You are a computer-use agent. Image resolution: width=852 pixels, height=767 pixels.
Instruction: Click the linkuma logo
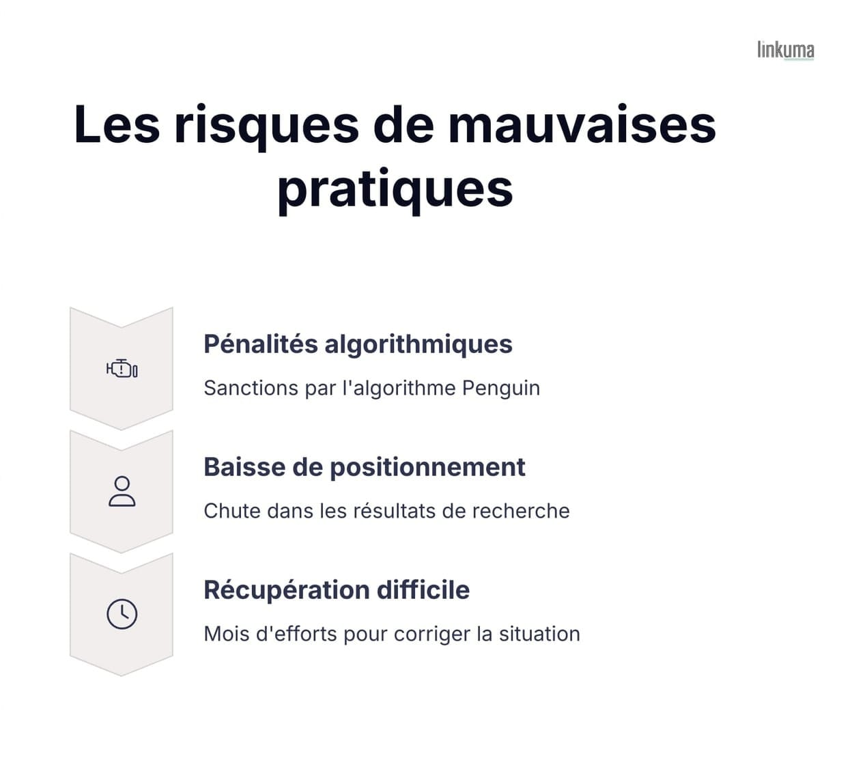[x=785, y=50]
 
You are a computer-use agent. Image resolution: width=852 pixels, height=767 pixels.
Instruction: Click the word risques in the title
[x=266, y=126]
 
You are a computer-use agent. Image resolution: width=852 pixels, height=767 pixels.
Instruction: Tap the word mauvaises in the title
[x=582, y=124]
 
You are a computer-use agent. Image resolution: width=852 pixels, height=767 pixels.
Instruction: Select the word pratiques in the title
[x=395, y=189]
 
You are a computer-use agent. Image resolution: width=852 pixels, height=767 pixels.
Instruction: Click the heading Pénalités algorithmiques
[x=358, y=344]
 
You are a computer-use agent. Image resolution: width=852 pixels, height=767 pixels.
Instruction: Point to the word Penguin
[x=501, y=388]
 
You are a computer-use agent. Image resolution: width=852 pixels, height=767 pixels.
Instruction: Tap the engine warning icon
[x=122, y=369]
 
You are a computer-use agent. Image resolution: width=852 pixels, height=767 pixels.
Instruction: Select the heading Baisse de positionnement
[x=364, y=467]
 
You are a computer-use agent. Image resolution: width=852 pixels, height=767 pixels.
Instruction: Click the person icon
[x=122, y=492]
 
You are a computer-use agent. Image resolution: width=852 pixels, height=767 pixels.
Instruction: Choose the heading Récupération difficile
[x=337, y=590]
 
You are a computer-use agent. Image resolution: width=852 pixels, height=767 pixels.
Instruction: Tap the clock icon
[x=122, y=614]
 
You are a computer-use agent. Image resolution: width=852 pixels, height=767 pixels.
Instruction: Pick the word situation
[x=539, y=634]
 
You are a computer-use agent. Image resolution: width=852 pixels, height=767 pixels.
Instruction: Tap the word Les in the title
[x=117, y=126]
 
